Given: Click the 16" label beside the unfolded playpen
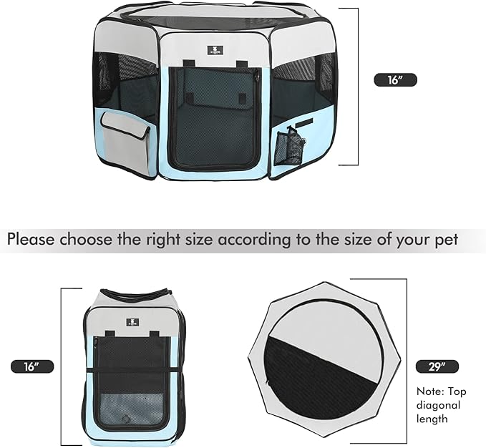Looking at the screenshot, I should tap(396, 80).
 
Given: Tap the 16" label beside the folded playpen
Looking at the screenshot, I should tap(32, 366).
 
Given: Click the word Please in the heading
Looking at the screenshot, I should tap(32, 238).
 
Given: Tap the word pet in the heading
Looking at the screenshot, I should tap(444, 238).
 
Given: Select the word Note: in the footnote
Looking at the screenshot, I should tap(430, 392).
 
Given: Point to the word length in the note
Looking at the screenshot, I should tap(432, 419).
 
